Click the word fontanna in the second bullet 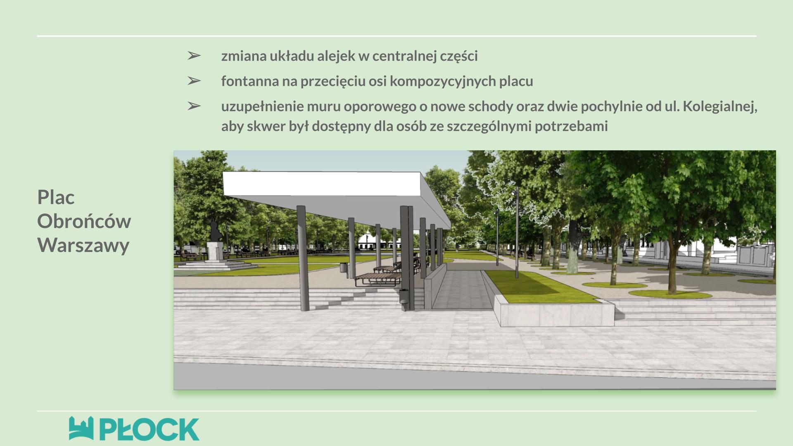250,81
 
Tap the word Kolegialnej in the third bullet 719,107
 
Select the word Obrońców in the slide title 84,221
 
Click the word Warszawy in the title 83,245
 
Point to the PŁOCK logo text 150,429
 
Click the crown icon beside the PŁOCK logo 81,428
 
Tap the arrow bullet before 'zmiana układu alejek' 194,55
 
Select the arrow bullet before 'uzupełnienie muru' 194,106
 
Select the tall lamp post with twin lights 516,233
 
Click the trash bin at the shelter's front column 404,299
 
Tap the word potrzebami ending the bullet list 571,126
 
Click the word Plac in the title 56,197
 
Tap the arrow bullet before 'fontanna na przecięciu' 194,81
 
